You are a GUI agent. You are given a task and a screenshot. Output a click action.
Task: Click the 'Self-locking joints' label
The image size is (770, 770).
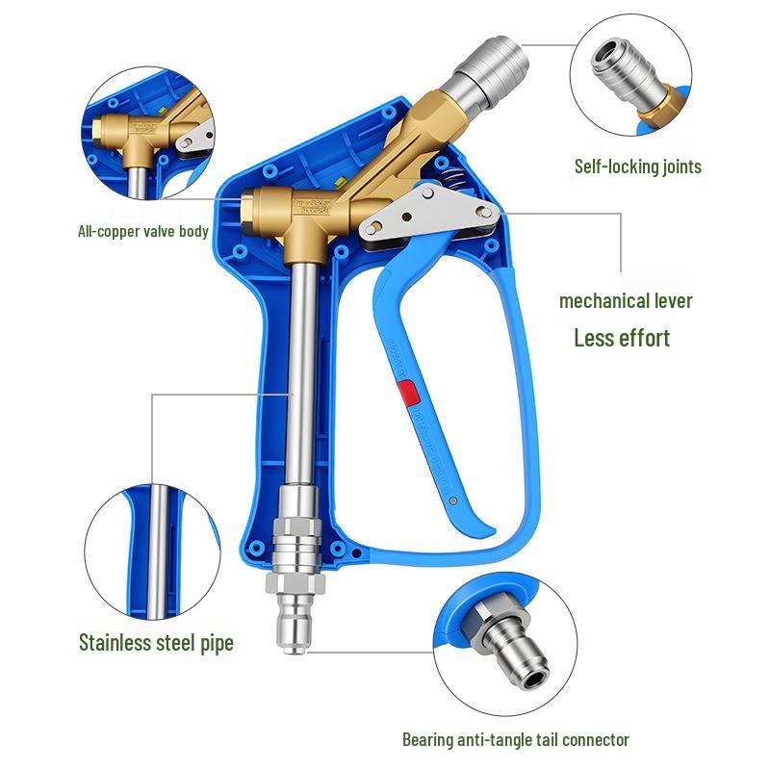tap(637, 167)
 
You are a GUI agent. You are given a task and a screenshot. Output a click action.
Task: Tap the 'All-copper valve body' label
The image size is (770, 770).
tap(143, 231)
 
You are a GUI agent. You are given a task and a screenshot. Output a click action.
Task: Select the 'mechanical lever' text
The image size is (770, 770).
tap(626, 300)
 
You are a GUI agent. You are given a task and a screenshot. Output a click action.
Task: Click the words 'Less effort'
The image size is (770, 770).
tap(622, 338)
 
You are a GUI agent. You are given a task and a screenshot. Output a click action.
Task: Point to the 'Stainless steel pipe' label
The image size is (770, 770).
tap(156, 642)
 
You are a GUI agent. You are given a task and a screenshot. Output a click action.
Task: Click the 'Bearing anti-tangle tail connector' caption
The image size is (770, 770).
tap(515, 739)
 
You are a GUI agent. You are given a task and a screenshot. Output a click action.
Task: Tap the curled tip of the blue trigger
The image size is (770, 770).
tap(485, 529)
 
